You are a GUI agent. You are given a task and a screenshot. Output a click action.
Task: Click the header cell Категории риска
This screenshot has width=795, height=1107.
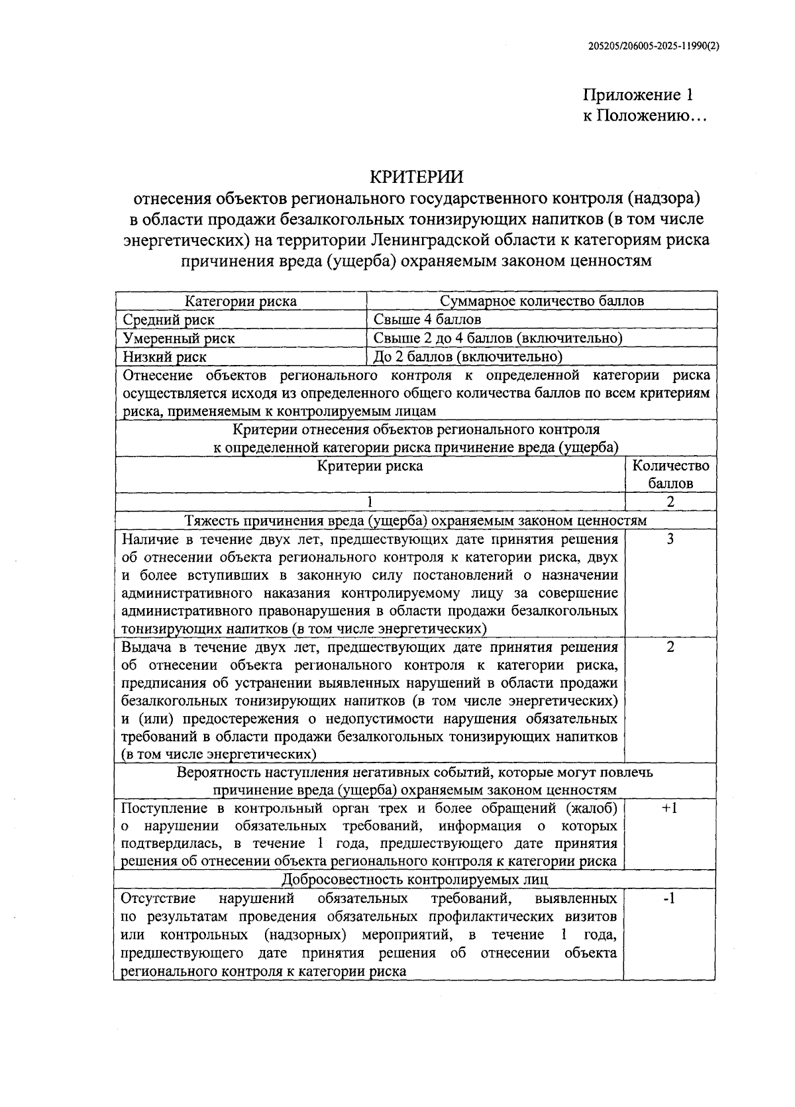240,301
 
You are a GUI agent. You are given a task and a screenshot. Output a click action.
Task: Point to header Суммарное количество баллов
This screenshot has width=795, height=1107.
542,301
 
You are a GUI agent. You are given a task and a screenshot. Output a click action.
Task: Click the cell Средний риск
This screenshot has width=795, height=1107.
169,319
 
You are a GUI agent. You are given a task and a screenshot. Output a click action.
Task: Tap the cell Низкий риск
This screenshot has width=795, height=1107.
165,356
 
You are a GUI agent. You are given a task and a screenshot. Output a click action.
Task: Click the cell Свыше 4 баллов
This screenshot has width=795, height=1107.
427,319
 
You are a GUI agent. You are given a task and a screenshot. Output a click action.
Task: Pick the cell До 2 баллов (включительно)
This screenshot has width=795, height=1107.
468,356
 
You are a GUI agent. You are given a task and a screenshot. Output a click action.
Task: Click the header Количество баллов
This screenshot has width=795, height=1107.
670,474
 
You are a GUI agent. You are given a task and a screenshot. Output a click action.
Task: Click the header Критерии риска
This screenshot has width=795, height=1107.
370,466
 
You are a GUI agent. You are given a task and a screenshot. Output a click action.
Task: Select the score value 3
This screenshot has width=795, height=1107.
670,539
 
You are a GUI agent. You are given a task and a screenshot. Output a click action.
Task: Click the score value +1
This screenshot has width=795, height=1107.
670,808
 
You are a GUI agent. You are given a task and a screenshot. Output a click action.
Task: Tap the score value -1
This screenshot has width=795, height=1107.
670,899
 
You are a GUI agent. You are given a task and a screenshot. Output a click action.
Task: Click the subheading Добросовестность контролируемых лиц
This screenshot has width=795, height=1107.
415,880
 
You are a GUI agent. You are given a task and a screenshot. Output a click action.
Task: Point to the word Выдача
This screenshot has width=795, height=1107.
146,647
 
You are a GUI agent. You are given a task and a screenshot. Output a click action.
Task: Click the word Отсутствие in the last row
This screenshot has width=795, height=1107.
158,899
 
